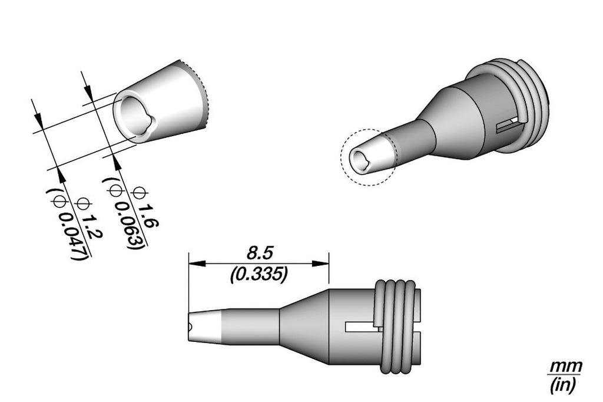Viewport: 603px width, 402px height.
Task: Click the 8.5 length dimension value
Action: tap(257, 254)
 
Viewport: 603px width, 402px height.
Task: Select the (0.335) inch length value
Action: tap(259, 274)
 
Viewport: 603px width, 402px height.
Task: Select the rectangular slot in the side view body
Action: tap(361, 326)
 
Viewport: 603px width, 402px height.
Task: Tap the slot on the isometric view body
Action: tap(508, 125)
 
